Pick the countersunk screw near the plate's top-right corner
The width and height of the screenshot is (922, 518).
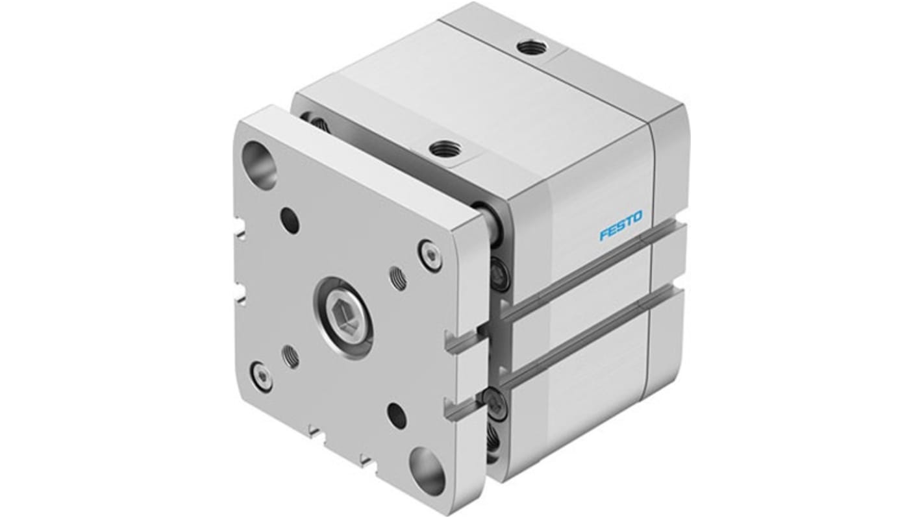click(430, 255)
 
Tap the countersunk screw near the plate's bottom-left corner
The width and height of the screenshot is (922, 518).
click(262, 376)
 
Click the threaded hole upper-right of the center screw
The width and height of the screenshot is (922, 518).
click(398, 278)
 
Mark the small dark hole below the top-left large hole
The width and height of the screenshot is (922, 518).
click(290, 220)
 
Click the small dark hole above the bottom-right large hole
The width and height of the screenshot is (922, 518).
click(397, 415)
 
